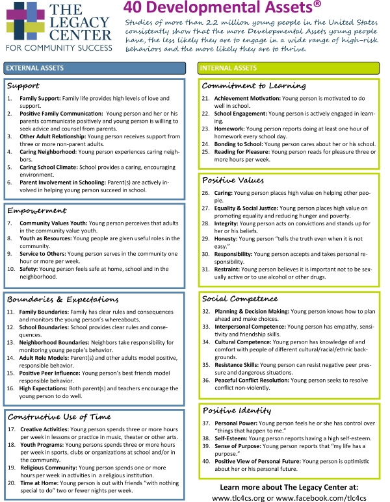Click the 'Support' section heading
tap(23, 86)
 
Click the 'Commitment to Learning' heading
tap(253, 86)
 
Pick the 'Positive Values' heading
tap(232, 180)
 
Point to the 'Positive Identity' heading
tap(236, 410)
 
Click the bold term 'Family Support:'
tap(40, 98)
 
